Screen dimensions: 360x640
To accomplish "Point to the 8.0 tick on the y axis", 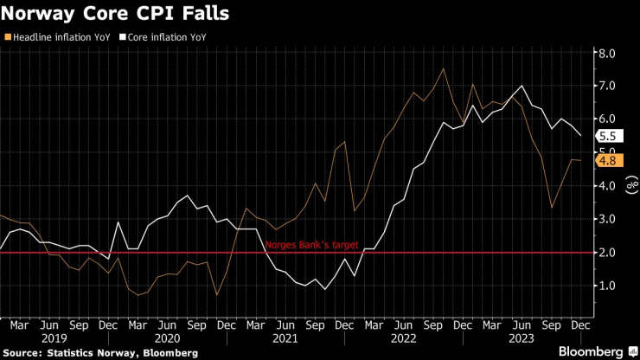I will [607, 54].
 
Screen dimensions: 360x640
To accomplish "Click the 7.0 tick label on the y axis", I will [607, 87].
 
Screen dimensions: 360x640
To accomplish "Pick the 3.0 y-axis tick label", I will [607, 220].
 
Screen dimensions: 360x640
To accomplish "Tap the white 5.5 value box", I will [608, 136].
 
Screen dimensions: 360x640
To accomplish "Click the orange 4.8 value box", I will [608, 160].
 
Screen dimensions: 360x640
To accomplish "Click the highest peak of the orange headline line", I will [444, 68].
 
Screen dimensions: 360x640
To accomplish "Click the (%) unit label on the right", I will [630, 186].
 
